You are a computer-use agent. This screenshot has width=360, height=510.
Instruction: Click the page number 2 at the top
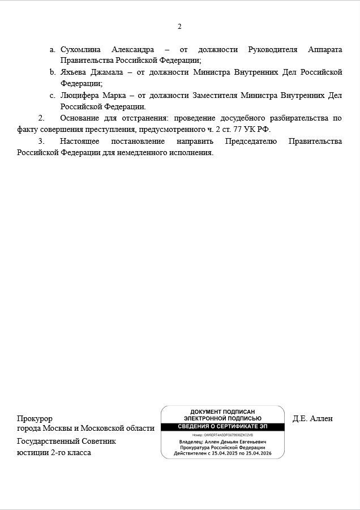tap(179, 27)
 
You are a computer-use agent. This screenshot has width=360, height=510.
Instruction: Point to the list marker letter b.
tap(52, 72)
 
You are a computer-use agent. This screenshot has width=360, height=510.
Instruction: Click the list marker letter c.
tap(52, 96)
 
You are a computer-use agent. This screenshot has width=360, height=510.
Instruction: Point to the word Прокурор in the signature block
tap(35, 419)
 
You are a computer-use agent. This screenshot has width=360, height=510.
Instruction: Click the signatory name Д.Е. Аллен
tap(312, 419)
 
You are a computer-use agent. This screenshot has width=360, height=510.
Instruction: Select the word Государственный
tap(52, 441)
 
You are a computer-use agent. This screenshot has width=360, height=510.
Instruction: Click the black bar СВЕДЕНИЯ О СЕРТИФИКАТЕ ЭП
tap(222, 427)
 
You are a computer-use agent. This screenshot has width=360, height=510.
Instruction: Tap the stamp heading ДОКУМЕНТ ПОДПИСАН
tap(222, 412)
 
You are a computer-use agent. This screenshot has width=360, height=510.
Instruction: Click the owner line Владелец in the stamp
tap(222, 442)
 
